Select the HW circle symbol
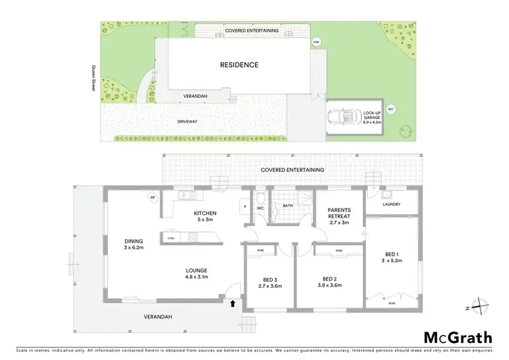(x=316, y=43)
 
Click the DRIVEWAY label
(x=187, y=122)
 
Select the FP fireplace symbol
(x=153, y=198)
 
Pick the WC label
(x=261, y=209)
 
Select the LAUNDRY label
(x=392, y=204)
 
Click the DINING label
(x=133, y=240)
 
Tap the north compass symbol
(x=478, y=307)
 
